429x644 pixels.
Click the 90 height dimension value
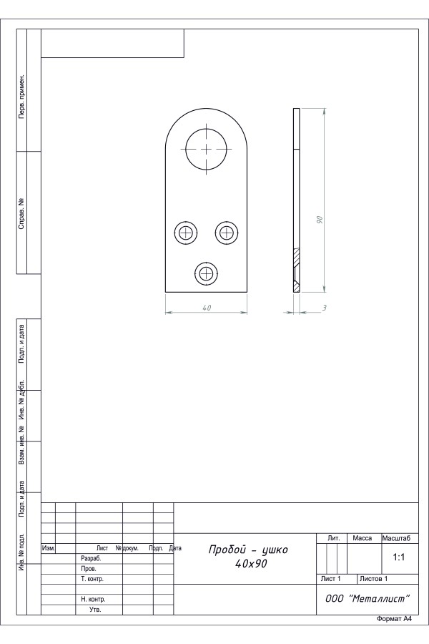click(320, 220)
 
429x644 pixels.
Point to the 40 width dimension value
click(207, 308)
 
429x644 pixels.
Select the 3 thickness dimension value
click(324, 308)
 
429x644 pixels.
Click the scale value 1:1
click(399, 557)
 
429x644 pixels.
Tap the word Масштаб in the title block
click(396, 538)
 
